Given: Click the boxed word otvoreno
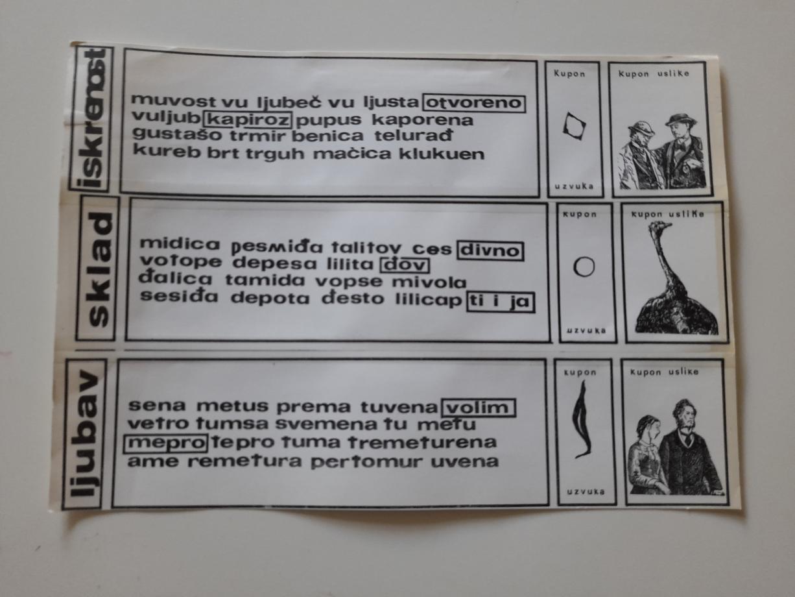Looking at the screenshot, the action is tap(474, 103).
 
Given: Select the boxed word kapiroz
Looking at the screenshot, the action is tap(248, 120).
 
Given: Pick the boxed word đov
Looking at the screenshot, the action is tap(405, 265).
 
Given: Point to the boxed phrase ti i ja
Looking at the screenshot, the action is tap(501, 302).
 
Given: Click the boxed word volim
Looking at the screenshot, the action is tap(479, 408).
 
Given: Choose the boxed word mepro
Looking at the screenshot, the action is tap(165, 443).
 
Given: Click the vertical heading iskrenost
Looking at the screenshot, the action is tap(93, 118).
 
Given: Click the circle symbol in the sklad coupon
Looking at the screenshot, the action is tap(584, 267).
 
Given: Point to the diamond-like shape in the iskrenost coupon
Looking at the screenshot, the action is tap(574, 126).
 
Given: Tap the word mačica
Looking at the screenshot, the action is tap(352, 154).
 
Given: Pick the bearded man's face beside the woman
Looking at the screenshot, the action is tap(685, 416).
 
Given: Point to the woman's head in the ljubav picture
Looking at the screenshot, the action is tap(648, 428).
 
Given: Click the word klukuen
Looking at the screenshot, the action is tap(442, 154).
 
